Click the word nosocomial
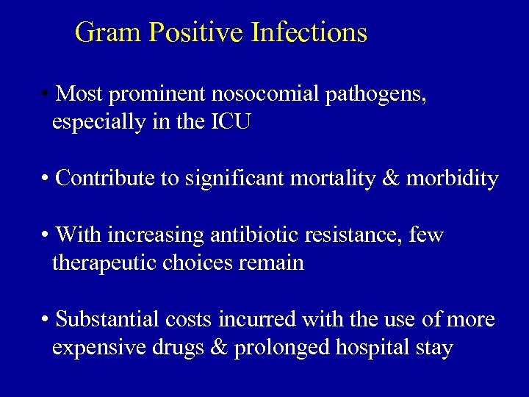pos(264,94)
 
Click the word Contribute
pos(105,178)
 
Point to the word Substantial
pos(111,320)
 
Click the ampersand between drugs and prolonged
pos(219,348)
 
